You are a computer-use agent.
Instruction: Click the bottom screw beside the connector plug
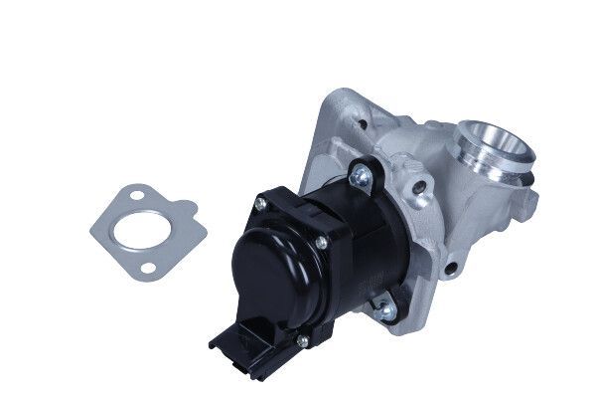(x=302, y=342)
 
